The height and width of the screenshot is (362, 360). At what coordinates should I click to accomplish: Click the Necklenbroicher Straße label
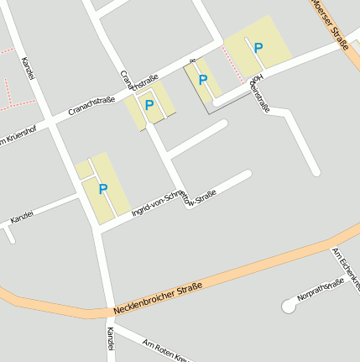(156, 298)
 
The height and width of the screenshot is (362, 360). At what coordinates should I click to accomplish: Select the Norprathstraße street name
(321, 289)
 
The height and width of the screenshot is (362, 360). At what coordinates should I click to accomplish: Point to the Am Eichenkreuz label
(346, 269)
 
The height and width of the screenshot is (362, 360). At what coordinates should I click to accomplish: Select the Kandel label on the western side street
(22, 217)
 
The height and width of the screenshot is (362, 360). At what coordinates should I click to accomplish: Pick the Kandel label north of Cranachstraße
(29, 70)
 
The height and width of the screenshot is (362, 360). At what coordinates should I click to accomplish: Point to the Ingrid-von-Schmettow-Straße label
(174, 205)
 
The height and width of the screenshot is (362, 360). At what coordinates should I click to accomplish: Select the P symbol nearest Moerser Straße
(258, 48)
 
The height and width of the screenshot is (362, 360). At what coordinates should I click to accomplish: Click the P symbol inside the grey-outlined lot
(202, 80)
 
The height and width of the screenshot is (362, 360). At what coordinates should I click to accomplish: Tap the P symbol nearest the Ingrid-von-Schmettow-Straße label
(103, 189)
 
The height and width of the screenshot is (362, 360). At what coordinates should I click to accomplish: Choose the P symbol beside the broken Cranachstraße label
(149, 105)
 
